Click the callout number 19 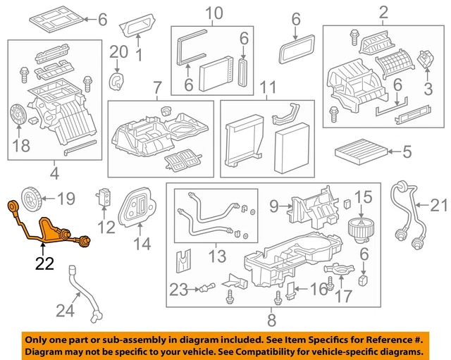pyautogui.click(x=65, y=199)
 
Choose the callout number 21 pyautogui.click(x=438, y=205)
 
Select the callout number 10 pyautogui.click(x=213, y=12)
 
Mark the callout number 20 pyautogui.click(x=118, y=51)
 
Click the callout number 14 pyautogui.click(x=142, y=244)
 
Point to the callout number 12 pyautogui.click(x=106, y=227)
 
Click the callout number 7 pyautogui.click(x=156, y=88)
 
